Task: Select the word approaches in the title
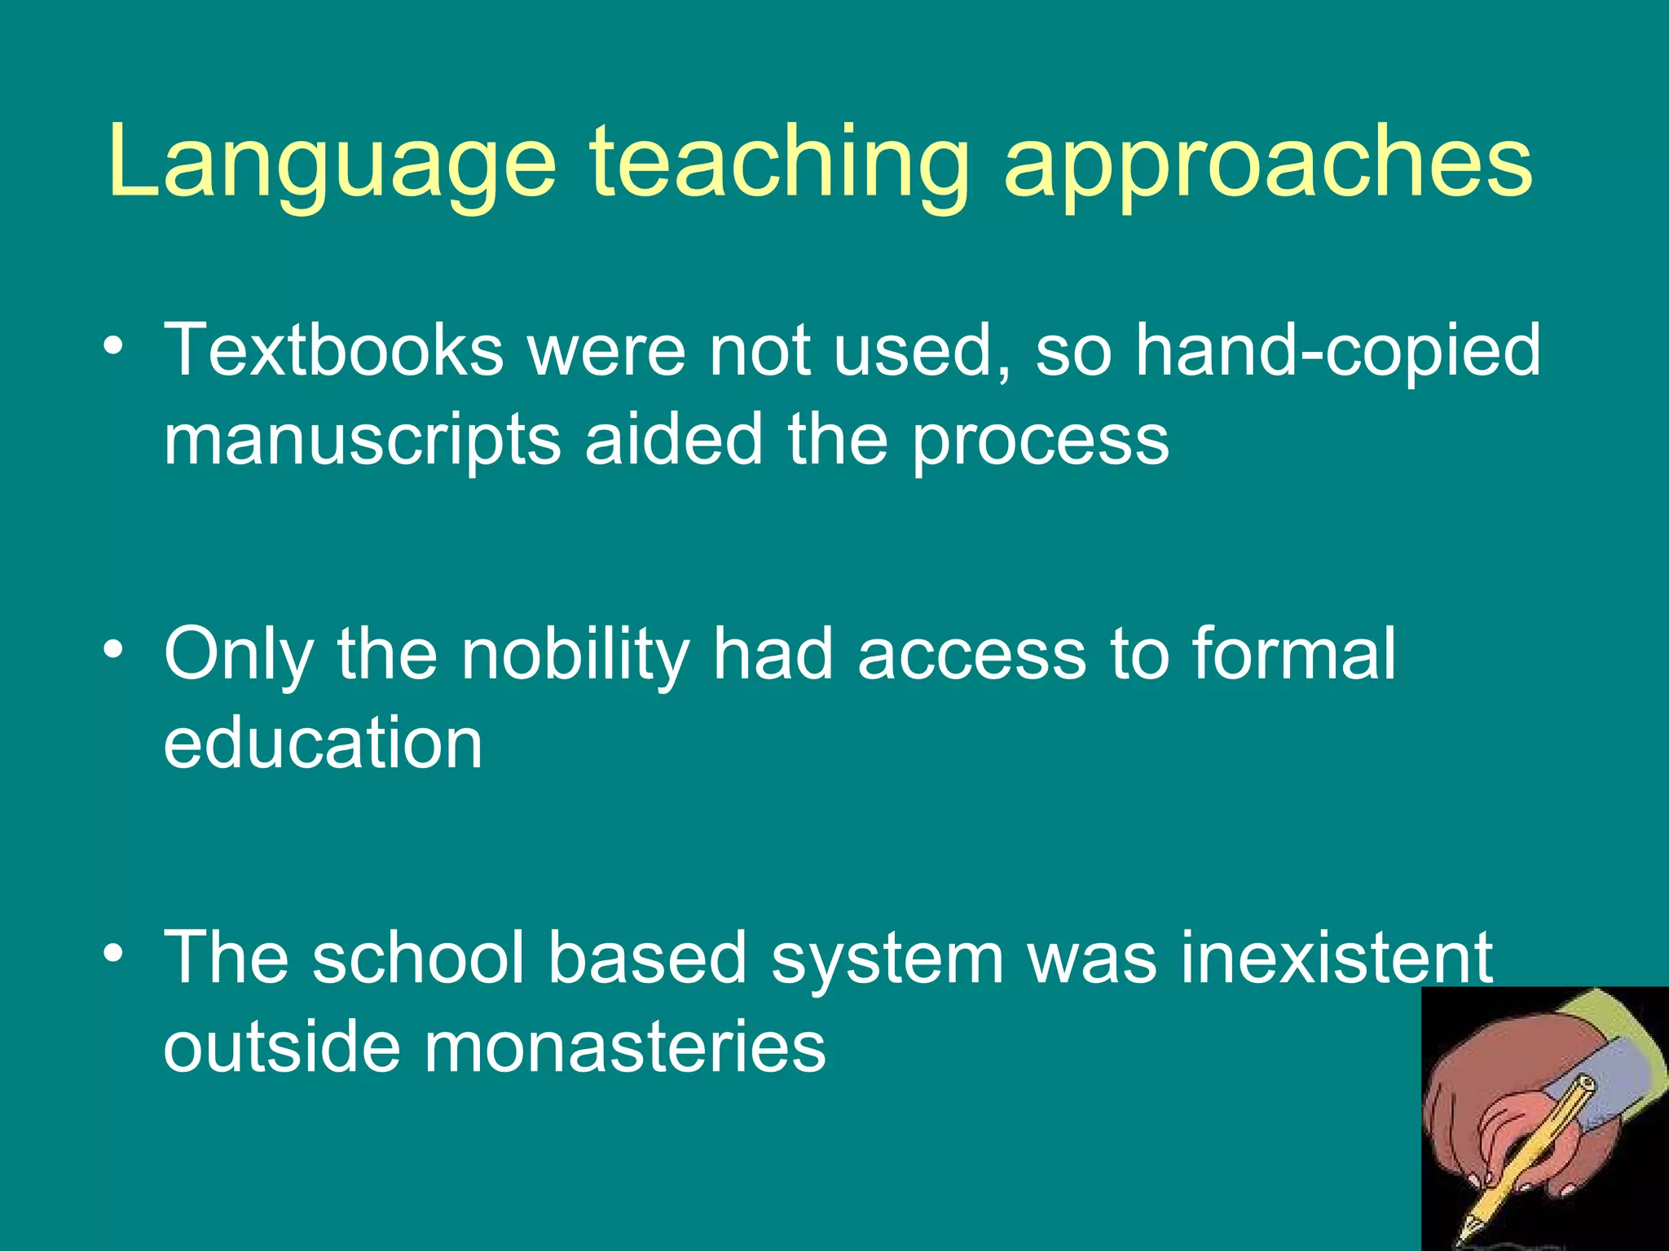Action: coord(1268,163)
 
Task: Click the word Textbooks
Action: coord(334,350)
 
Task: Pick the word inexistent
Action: coord(1337,958)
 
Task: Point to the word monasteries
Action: coord(624,1047)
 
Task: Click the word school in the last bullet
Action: coord(419,958)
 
